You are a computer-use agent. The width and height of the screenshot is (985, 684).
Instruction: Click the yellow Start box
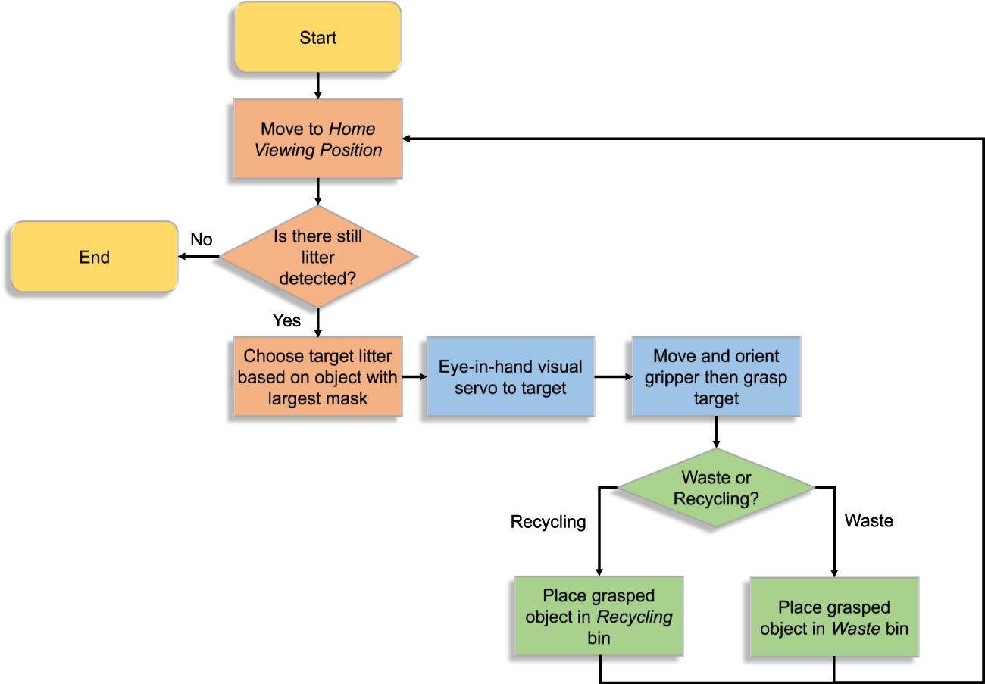(x=317, y=38)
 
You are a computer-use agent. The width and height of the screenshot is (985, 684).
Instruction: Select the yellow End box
(x=95, y=258)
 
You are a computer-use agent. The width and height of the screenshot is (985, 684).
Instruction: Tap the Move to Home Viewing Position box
(x=317, y=139)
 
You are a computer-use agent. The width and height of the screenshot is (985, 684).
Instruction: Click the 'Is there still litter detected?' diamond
(x=317, y=258)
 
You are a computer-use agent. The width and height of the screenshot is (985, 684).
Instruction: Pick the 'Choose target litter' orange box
(x=317, y=376)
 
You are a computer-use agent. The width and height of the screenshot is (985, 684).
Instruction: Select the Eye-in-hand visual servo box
(x=511, y=376)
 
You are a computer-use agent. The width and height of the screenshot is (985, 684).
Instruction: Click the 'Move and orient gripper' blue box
(x=715, y=376)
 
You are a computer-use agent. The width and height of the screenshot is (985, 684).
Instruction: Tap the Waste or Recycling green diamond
(x=716, y=488)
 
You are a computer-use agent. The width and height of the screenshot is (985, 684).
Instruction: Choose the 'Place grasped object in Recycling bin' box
(x=599, y=617)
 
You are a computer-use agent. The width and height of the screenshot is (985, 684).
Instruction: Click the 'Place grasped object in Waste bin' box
(x=834, y=617)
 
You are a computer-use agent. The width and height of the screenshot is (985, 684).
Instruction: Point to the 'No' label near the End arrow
(x=201, y=239)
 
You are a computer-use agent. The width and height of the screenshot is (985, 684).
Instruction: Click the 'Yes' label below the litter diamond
(x=286, y=320)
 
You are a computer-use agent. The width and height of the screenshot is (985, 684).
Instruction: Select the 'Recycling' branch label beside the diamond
(x=548, y=522)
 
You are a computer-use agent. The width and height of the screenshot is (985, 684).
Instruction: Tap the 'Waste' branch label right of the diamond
(x=869, y=520)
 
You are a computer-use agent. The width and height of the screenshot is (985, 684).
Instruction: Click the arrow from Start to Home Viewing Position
(x=317, y=86)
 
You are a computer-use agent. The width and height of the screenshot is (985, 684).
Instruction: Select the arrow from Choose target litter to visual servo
(x=414, y=376)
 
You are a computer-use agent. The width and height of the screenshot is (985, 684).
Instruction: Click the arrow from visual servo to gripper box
(x=612, y=376)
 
